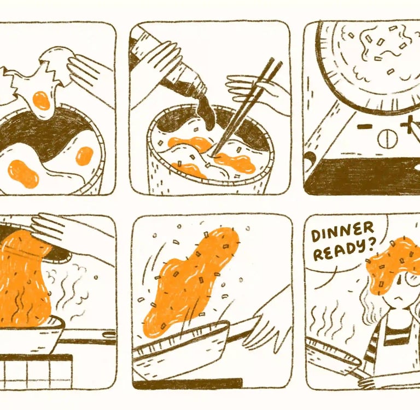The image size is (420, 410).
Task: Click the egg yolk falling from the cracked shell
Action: pos(41,101)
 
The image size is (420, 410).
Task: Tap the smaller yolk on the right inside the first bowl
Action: pos(84,156)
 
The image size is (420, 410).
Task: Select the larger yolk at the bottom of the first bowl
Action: pos(23,174)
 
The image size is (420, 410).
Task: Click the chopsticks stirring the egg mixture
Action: pos(246,108)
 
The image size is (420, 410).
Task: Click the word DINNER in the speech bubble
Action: pos(342,233)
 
